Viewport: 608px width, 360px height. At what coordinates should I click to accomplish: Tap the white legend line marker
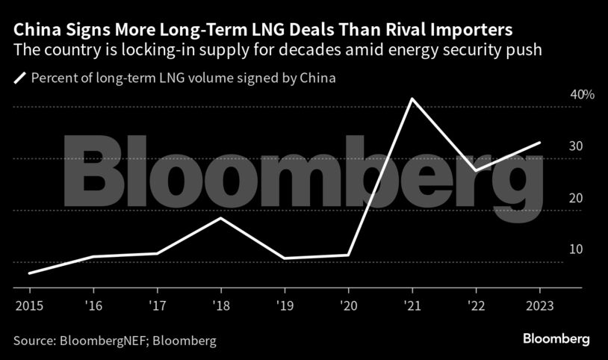click(19, 77)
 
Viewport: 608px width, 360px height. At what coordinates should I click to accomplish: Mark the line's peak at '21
click(412, 99)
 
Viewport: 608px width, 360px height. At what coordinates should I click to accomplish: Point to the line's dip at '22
click(476, 171)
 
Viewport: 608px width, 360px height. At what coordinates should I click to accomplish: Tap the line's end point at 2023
click(540, 143)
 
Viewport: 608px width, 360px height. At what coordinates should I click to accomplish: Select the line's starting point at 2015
click(29, 273)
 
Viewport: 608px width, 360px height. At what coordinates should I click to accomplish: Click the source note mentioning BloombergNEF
click(115, 341)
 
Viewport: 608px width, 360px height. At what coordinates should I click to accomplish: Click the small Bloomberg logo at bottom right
click(556, 339)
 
